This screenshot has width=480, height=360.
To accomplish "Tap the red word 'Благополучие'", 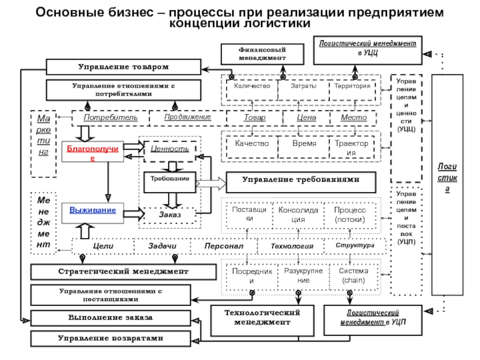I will (x=88, y=152).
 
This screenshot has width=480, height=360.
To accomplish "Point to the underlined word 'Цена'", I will (x=307, y=118).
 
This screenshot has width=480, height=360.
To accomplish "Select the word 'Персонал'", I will (x=223, y=246).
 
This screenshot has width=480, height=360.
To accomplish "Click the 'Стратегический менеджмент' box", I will (x=123, y=272).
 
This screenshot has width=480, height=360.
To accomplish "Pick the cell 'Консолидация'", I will (x=298, y=215).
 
